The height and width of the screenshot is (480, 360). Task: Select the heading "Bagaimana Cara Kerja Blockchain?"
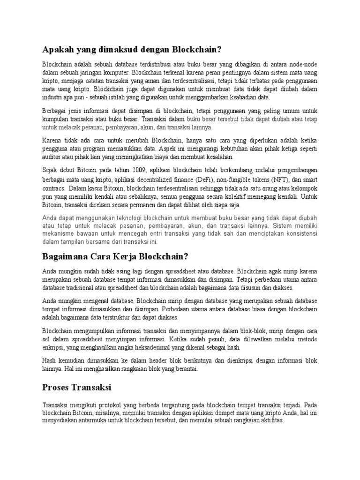115,256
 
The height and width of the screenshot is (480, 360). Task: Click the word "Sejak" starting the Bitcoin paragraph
51,170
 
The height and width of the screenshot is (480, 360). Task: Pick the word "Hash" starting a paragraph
50,360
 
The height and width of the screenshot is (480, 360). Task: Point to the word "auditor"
52,157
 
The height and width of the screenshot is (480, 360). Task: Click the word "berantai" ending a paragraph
185,368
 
